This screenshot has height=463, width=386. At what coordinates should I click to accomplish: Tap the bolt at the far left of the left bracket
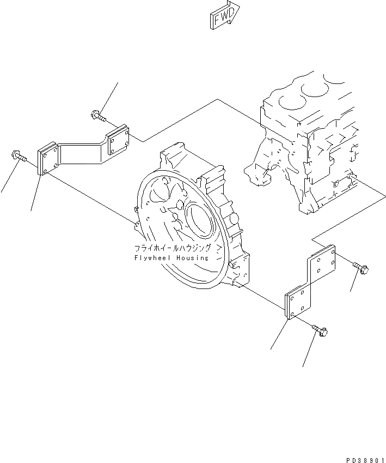coord(18,157)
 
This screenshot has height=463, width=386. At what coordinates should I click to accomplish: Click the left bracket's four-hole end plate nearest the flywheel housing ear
coord(47,159)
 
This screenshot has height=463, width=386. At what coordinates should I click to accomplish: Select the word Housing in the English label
coord(192,257)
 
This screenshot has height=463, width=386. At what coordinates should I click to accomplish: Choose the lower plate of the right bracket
coord(297,304)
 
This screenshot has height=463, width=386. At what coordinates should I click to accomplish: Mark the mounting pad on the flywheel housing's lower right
coord(240,273)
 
